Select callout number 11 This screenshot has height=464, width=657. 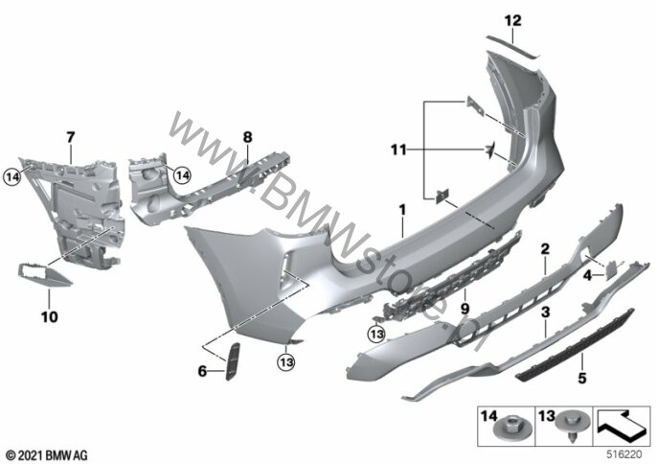[399, 149]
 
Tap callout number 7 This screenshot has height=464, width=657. [69, 137]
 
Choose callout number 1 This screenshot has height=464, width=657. [403, 208]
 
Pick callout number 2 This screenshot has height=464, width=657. [544, 248]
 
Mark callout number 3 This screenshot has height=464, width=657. [545, 313]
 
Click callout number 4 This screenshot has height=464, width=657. [587, 274]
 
